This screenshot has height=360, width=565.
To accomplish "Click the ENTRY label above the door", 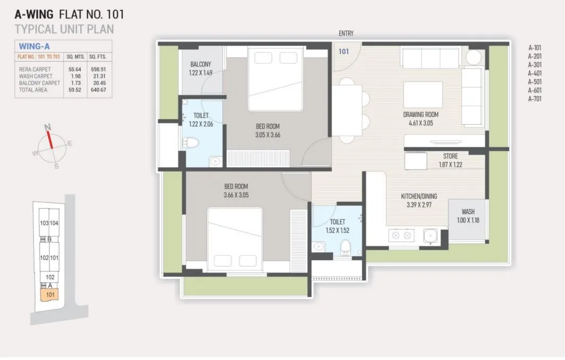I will pyautogui.click(x=346, y=33).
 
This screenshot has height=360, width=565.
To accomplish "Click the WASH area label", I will pyautogui.click(x=468, y=211).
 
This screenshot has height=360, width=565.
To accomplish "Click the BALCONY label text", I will pyautogui.click(x=200, y=65).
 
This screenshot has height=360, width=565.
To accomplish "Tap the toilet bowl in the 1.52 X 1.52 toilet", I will pyautogui.click(x=345, y=245).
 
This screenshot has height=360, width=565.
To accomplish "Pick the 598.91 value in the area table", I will pyautogui.click(x=98, y=69).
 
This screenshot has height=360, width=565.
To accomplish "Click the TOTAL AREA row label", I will pyautogui.click(x=33, y=90).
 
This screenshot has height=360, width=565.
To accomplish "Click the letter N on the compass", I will pyautogui.click(x=48, y=127).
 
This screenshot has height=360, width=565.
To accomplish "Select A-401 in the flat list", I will pyautogui.click(x=535, y=73).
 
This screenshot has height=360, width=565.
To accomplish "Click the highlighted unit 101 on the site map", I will pyautogui.click(x=50, y=294).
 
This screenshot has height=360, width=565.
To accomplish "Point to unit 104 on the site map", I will pyautogui.click(x=54, y=223).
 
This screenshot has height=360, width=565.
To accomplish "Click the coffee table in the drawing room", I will pyautogui.click(x=423, y=95).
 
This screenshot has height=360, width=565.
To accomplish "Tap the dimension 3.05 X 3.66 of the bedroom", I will pyautogui.click(x=267, y=135).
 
